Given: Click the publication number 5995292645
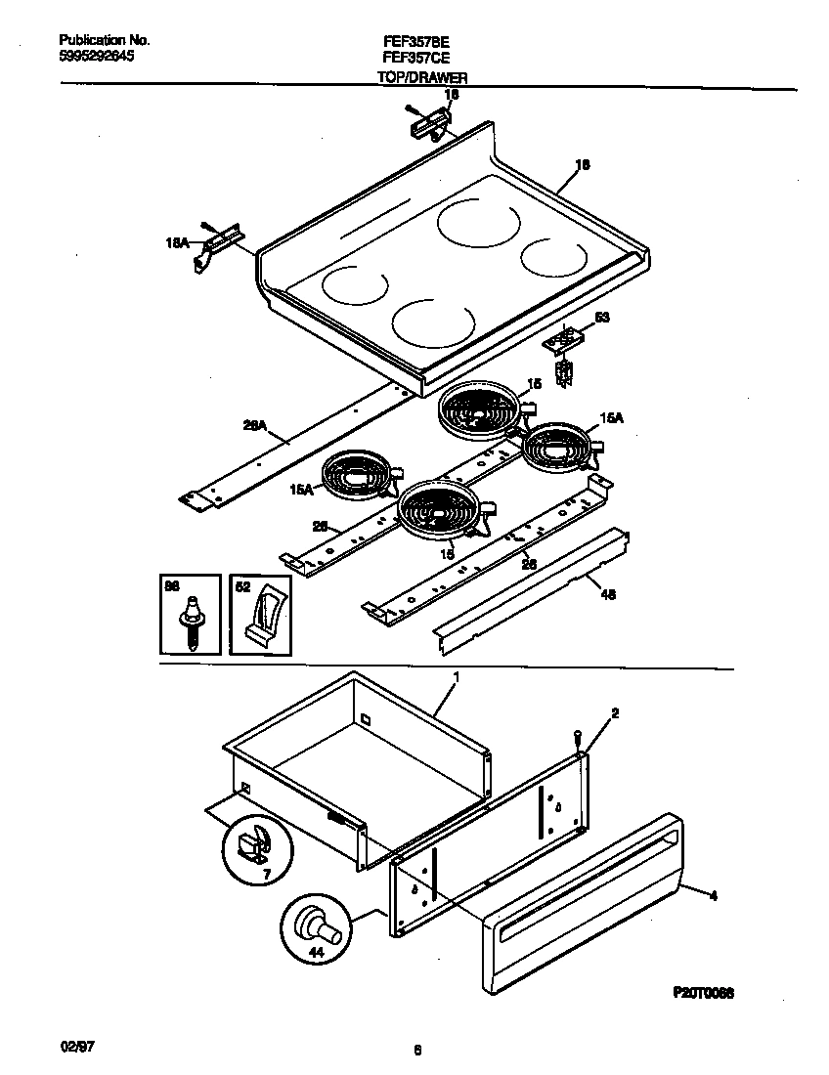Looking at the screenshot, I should click(x=97, y=57).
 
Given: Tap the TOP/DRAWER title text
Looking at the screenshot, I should click(x=421, y=76).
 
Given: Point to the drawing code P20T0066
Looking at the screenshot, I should click(x=704, y=992).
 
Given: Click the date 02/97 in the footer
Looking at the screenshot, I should click(x=74, y=1046).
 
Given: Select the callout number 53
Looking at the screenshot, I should click(x=601, y=318).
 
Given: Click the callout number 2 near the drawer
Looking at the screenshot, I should click(x=614, y=714).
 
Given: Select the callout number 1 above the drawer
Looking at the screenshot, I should click(x=456, y=676).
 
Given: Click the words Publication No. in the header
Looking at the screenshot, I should click(x=105, y=41).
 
